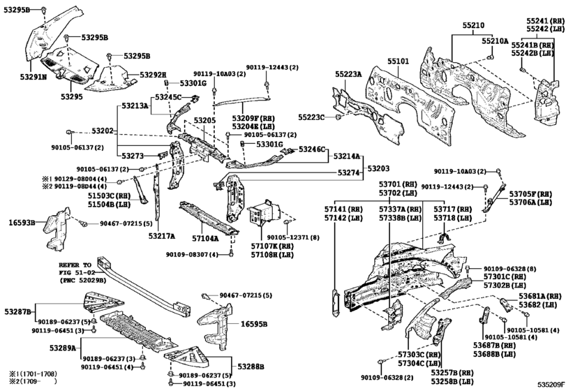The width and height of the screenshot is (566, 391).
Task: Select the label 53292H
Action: click(x=153, y=75)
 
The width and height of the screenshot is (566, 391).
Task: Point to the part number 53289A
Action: click(x=63, y=347)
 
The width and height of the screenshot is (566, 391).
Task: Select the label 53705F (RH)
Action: click(x=533, y=193)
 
